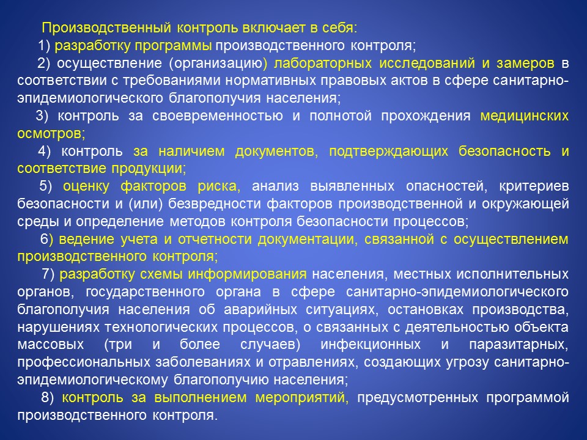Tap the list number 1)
pos(44,45)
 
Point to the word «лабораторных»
pos(323,64)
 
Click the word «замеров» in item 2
pos(525,64)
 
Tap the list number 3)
pos(42,116)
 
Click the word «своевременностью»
pos(218,116)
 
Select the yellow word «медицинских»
pos(525,116)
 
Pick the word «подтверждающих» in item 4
pos(389,151)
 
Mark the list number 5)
pos(46,186)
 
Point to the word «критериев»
pos(534,186)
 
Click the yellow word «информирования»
pos(247,274)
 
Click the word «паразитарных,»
pos(519,345)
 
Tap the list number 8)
pos(48,397)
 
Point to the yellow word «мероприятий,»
pos(301,398)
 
